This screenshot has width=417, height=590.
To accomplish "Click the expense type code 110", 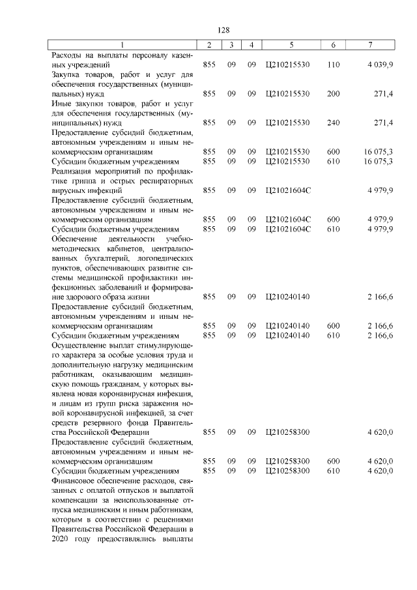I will point(333,65).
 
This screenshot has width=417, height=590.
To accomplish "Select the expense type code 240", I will point(333,123).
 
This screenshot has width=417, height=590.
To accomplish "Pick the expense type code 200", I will point(333,94).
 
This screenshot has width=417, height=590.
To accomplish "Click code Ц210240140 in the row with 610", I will point(288,335).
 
